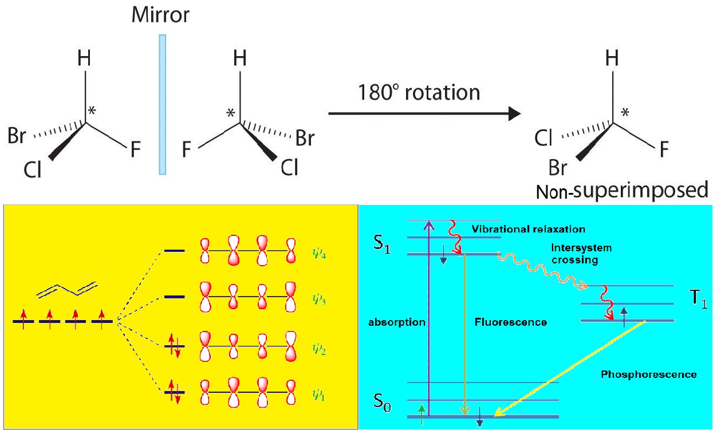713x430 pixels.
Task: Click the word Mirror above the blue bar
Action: click(160, 15)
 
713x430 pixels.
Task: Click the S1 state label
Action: click(381, 250)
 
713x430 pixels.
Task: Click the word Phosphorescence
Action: click(648, 374)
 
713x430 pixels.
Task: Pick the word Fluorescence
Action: click(511, 322)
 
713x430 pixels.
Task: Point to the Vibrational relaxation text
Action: click(528, 229)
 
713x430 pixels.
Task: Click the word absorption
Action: click(397, 322)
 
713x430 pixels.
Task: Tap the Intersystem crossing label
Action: click(581, 254)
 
